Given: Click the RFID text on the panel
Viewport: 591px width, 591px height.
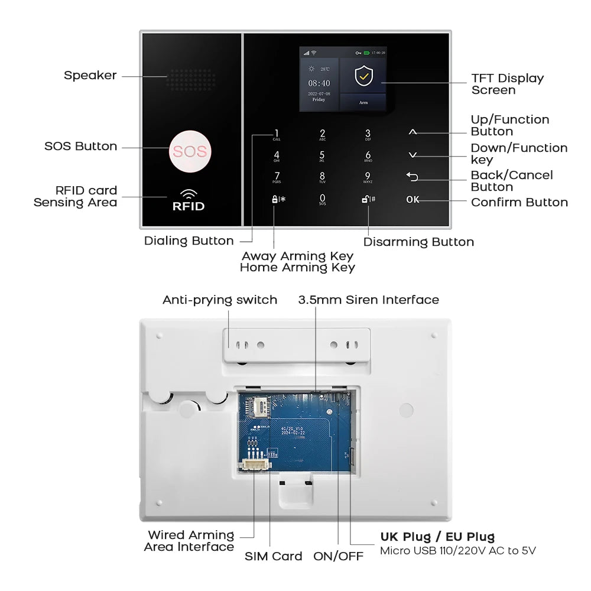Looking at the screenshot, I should point(188,206).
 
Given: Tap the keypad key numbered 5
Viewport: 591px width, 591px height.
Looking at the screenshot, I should point(322,155).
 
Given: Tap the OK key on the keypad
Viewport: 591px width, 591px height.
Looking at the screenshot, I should point(413,199).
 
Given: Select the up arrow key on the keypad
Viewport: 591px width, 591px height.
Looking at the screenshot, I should point(413,132).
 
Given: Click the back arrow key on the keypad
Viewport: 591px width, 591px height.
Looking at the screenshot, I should point(413,177).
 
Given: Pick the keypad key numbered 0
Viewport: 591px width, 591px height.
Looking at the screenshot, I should point(322,199).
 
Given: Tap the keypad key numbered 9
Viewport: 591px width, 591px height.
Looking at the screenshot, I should point(368,177).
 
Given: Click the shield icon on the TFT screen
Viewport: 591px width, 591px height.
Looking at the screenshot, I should point(363,76).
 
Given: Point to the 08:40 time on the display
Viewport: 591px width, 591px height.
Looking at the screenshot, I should point(319,83).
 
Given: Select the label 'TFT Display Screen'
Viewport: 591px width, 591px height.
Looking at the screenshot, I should point(507,84).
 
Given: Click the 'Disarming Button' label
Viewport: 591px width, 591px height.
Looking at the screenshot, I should point(418,242).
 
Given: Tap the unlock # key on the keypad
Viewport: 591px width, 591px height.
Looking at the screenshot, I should point(368,199).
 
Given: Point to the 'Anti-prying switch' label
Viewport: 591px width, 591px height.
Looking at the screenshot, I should point(220,300).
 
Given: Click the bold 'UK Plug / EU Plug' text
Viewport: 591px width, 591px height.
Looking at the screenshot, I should point(437,537).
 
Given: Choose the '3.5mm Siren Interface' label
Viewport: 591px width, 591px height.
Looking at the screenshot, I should point(368,300).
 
